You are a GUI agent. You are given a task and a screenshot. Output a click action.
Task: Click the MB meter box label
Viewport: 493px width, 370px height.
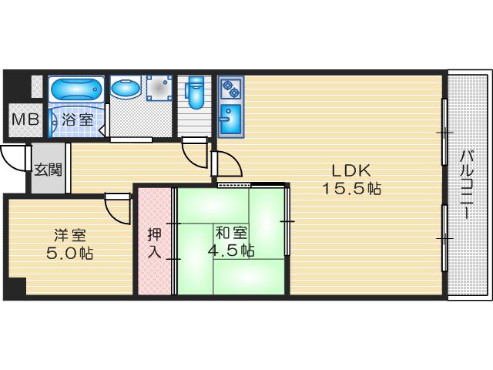click(x=25, y=120)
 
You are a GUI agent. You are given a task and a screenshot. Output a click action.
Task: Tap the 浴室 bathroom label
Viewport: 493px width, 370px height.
click(x=77, y=119)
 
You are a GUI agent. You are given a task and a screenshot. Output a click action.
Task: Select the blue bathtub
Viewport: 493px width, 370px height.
click(x=76, y=89)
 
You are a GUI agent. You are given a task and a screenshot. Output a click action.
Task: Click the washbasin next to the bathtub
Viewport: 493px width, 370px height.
click(x=126, y=89)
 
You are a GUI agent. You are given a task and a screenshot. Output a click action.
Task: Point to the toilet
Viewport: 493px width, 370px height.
click(x=195, y=92)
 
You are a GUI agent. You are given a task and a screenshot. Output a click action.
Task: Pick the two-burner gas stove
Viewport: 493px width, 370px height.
click(x=231, y=88)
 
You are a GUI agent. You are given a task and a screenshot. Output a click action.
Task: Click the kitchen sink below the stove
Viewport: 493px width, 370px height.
click(x=230, y=119)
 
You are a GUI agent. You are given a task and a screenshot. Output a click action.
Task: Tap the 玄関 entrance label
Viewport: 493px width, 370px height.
click(x=48, y=170)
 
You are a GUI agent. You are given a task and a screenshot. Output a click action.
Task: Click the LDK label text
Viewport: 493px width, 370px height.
click(x=351, y=171)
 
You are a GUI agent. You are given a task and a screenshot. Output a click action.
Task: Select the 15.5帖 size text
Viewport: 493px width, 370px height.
click(x=351, y=189)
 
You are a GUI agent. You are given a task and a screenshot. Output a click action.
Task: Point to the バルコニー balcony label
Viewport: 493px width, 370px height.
click(x=468, y=185)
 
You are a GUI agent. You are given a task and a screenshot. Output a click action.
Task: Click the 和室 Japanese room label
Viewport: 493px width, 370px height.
click(x=231, y=233)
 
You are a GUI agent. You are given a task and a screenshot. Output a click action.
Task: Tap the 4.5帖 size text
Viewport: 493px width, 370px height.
click(x=231, y=251)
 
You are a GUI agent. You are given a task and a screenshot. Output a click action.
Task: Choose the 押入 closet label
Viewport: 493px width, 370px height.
click(x=155, y=243)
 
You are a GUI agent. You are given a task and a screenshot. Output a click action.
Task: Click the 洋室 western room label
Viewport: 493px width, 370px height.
click(x=70, y=234)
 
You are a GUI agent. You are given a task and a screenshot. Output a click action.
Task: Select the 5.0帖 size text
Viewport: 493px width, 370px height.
click(x=70, y=253)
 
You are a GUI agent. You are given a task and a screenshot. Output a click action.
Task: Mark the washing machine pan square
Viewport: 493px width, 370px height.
click(x=159, y=88)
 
